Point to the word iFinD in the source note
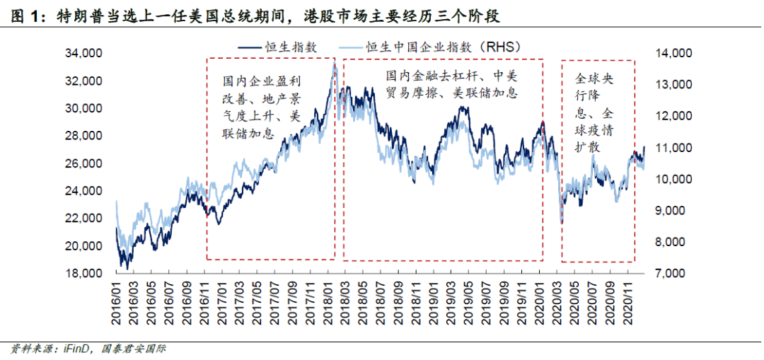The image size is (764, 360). (71, 348)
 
